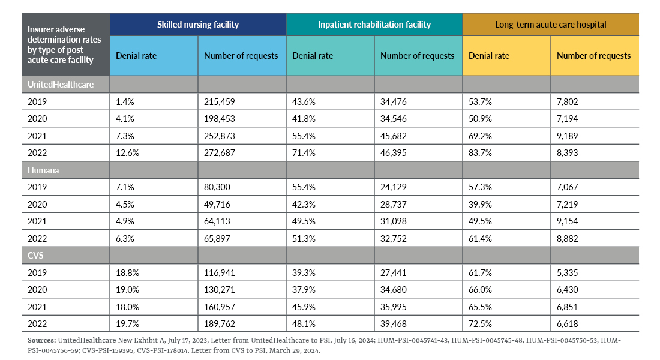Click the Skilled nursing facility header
[x=198, y=25]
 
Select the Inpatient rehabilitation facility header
[x=374, y=25]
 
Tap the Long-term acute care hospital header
[x=550, y=25]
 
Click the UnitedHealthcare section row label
[x=61, y=85]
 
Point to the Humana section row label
[x=43, y=170]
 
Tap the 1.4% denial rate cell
[x=125, y=102]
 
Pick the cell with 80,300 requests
[x=218, y=187]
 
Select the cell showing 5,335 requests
[x=567, y=272]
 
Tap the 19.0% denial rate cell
[x=127, y=289]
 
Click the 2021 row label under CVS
[x=37, y=307]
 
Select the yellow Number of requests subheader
[x=594, y=56]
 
